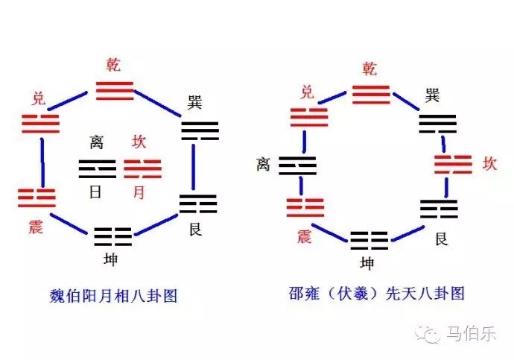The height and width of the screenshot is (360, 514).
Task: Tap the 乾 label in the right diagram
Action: coord(370,69)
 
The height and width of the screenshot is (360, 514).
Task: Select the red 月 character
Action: coord(139,192)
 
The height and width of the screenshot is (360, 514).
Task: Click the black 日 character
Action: coord(96,192)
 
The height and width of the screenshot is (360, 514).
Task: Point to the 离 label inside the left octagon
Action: coord(97,142)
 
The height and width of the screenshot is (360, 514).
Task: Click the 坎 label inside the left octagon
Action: coord(139,142)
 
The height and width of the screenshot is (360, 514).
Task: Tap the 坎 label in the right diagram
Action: coord(489,163)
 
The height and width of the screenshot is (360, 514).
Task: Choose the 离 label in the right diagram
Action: coord(262,164)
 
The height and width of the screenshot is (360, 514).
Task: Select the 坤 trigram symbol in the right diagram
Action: coord(369,240)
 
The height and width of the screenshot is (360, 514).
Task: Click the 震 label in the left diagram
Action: coord(35,226)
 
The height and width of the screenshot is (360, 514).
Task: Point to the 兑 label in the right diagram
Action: coord(306,92)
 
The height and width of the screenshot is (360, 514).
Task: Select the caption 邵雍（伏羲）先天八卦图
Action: coord(376,293)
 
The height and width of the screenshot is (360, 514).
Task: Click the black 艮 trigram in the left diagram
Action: coord(197,203)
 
